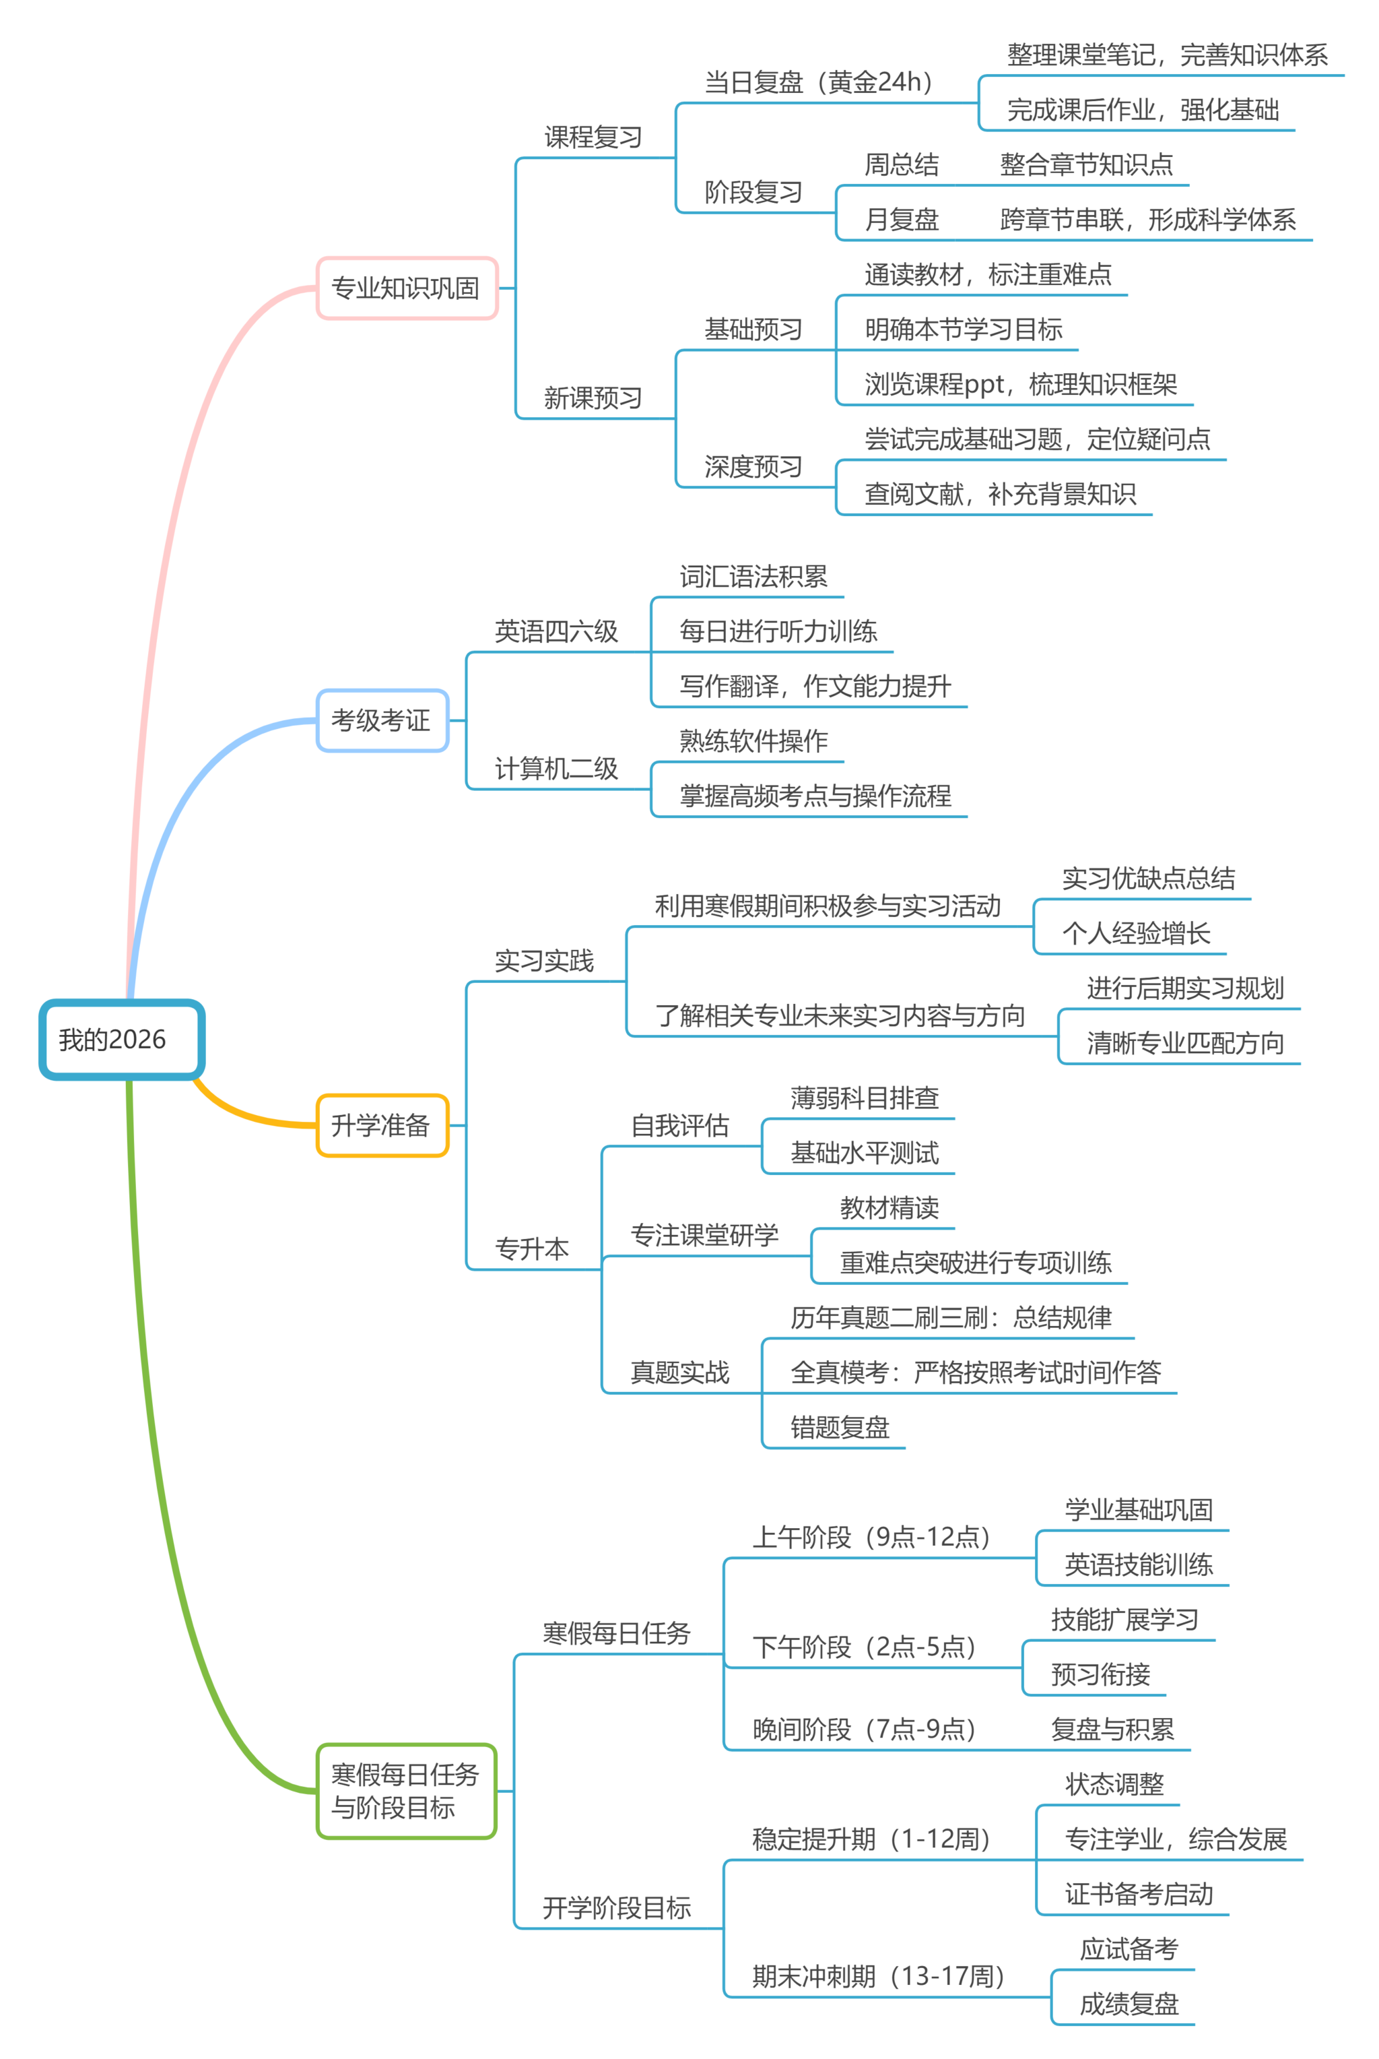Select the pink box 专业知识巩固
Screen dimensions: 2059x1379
coord(406,288)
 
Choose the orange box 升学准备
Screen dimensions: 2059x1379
coord(382,1124)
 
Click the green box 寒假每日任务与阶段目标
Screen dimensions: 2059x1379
coord(405,1791)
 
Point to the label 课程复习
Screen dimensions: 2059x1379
coord(593,137)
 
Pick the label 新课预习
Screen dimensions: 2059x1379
coord(593,398)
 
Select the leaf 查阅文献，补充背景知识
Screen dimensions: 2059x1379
coord(1000,494)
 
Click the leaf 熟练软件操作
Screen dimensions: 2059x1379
coord(753,741)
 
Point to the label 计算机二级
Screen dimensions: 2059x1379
coord(556,768)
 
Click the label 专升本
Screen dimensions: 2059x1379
coord(532,1248)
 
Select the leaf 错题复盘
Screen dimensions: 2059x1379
coord(840,1426)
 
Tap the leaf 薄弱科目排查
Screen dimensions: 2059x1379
coord(865,1098)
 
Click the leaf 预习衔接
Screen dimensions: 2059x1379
coord(1100,1674)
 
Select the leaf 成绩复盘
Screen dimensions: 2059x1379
coord(1129,2004)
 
